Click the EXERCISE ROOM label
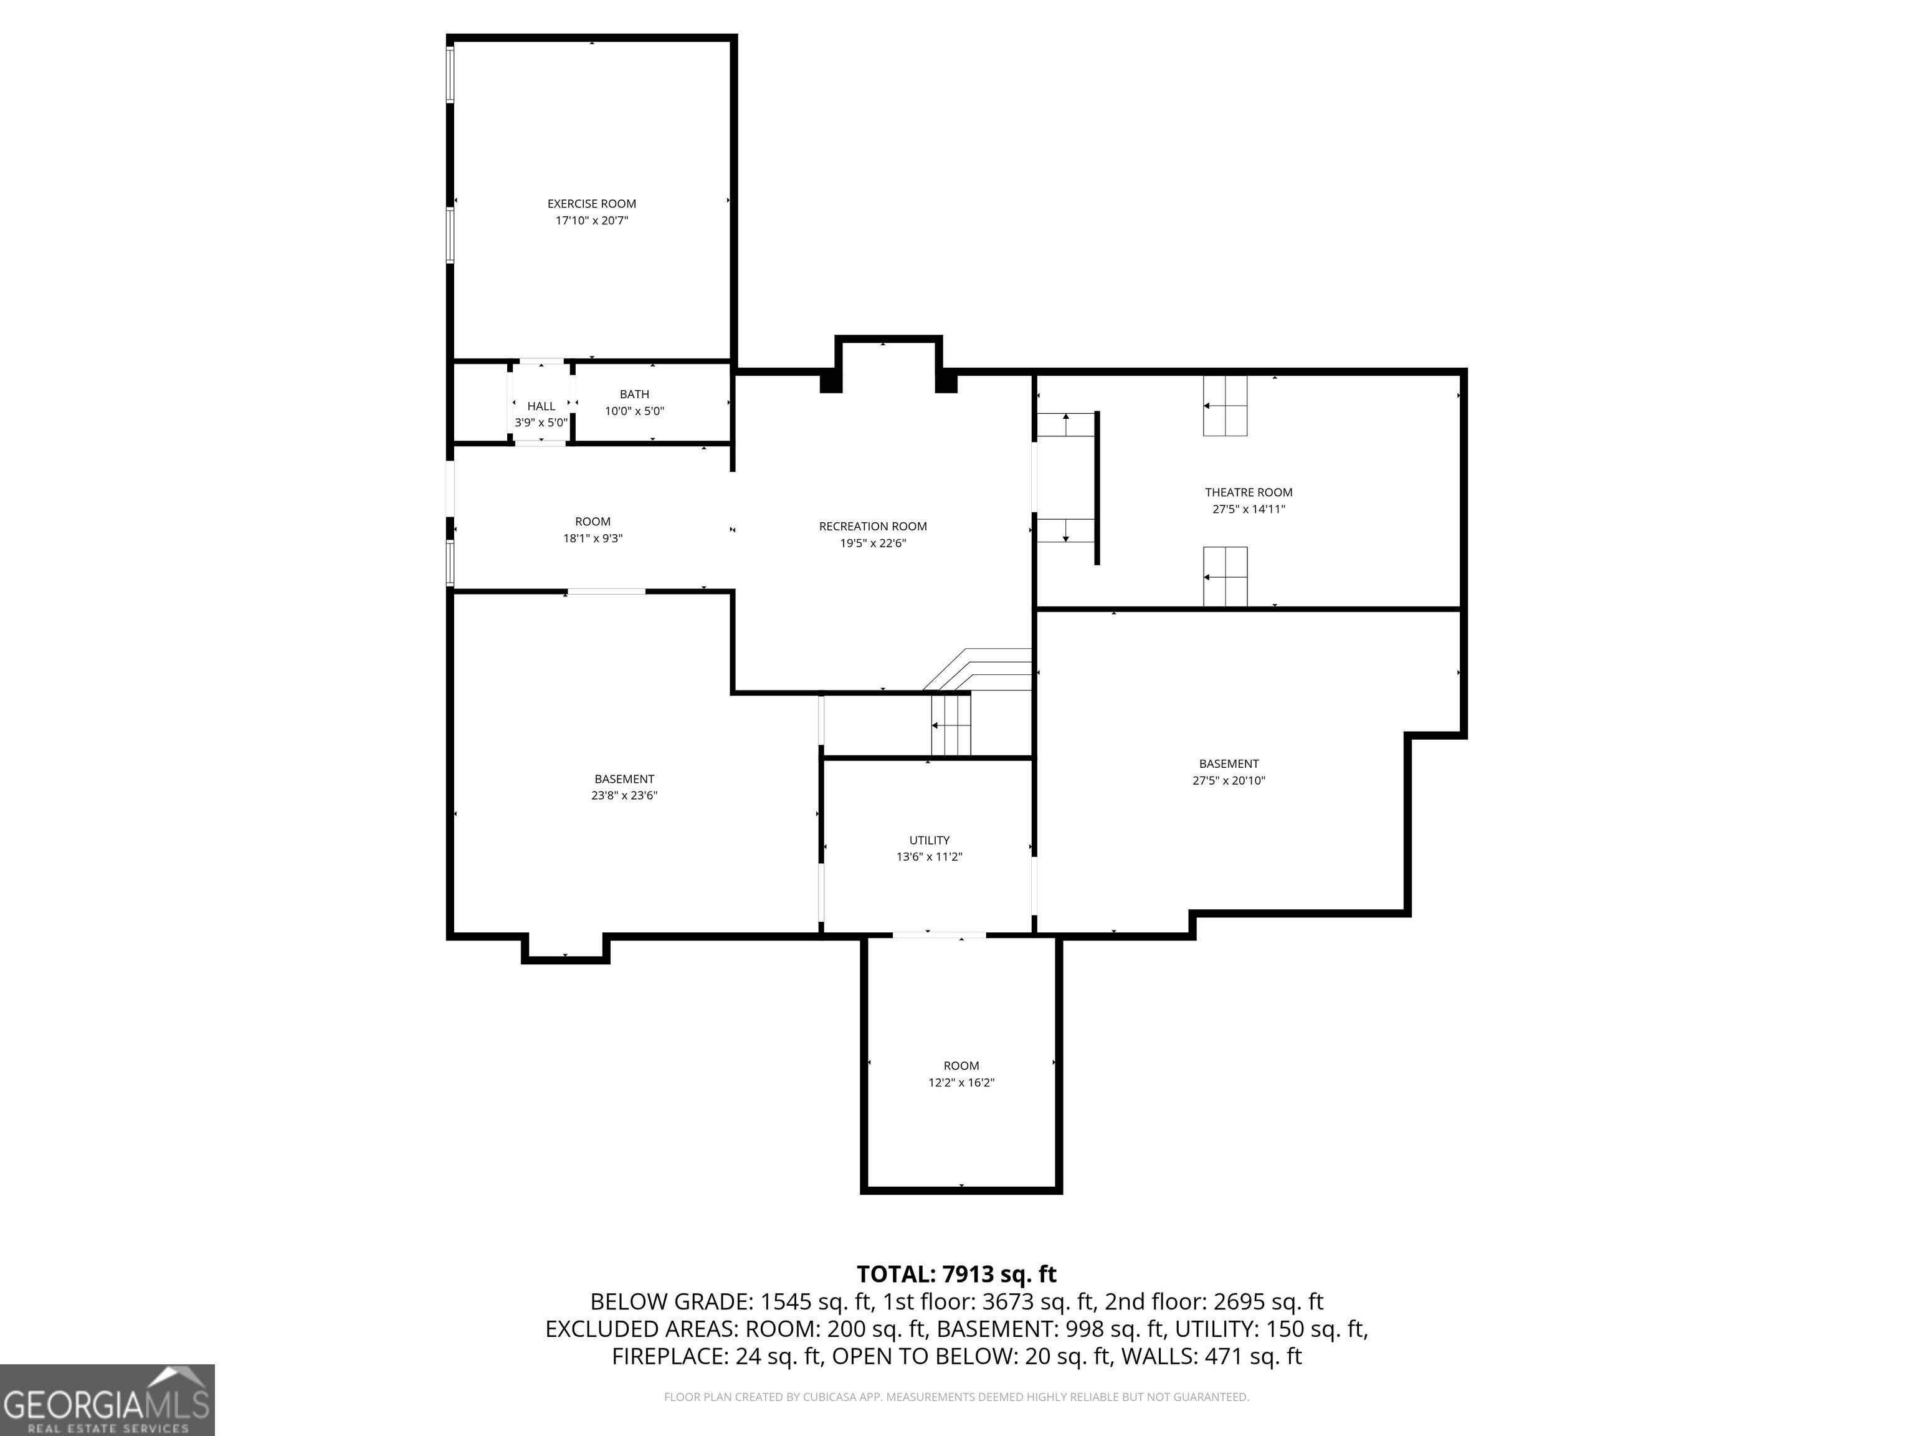point(591,203)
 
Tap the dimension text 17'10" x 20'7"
point(591,221)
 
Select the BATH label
point(634,394)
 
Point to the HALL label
point(541,406)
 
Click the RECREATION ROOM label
point(872,526)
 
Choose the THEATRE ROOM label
point(1248,492)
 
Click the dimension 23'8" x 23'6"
point(624,795)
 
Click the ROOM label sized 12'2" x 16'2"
point(961,1066)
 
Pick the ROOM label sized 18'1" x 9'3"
point(592,521)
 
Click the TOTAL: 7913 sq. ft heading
point(956,1274)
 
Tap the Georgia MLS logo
point(107,1400)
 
